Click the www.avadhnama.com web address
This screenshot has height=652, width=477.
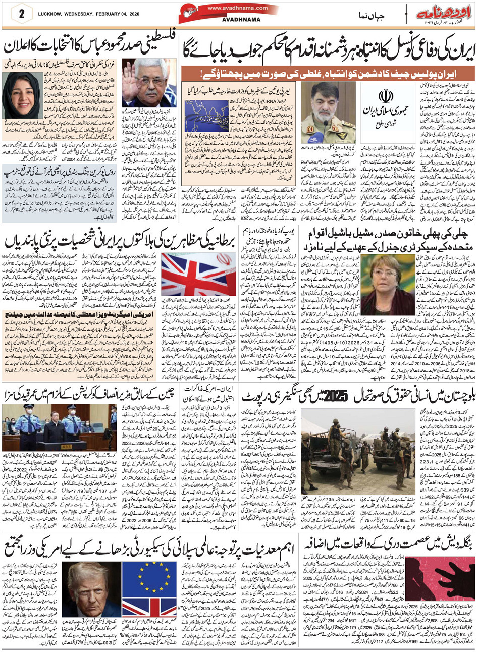[229, 8]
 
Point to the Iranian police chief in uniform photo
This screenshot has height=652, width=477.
[328, 113]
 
